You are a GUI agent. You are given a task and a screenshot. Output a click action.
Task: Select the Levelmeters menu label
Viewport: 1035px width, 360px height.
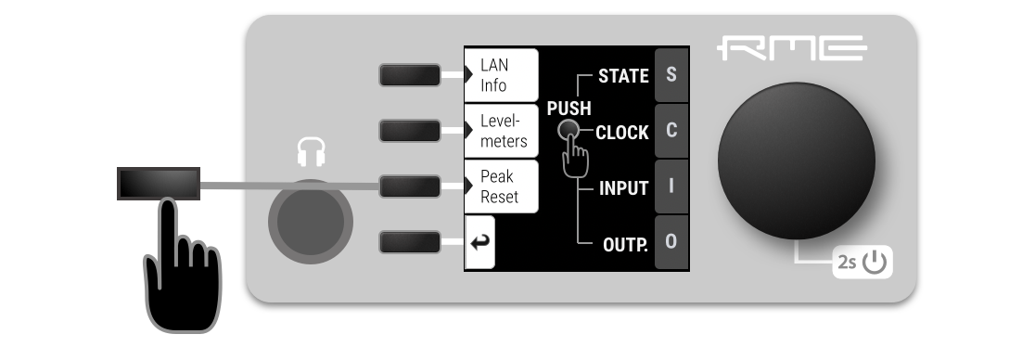[x=502, y=132]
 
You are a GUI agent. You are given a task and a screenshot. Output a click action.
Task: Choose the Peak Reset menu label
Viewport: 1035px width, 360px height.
[x=502, y=186]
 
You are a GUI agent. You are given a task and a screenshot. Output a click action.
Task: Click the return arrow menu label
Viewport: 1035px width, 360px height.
[x=480, y=242]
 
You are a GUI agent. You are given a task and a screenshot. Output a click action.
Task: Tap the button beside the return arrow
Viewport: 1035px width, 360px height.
[x=409, y=242]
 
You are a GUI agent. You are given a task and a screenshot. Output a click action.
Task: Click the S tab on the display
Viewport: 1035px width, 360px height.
[x=671, y=74]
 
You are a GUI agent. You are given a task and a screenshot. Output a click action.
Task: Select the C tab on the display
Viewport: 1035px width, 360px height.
[x=671, y=131]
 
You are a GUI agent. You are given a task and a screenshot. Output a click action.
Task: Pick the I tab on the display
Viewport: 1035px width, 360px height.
[x=671, y=186]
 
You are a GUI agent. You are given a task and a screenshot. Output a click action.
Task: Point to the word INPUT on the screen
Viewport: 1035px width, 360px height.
[x=623, y=188]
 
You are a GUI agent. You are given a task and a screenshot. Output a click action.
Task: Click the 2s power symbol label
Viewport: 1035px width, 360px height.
[x=862, y=264]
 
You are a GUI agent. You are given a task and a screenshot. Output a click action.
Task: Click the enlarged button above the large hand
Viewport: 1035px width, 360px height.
[x=159, y=183]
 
